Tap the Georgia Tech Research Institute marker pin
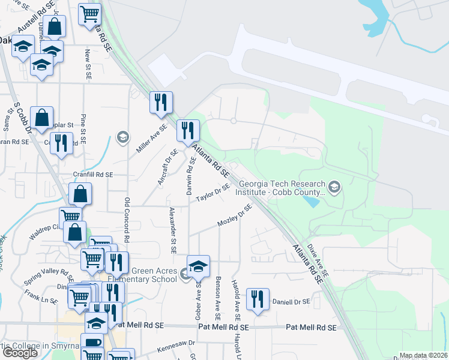[335, 188]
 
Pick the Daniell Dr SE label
[291, 301]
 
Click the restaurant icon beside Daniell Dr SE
[258, 299]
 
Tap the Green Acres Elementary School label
[142, 275]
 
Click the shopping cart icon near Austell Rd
[90, 14]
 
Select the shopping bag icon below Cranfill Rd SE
[80, 195]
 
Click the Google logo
[20, 353]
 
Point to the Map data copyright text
[423, 355]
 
